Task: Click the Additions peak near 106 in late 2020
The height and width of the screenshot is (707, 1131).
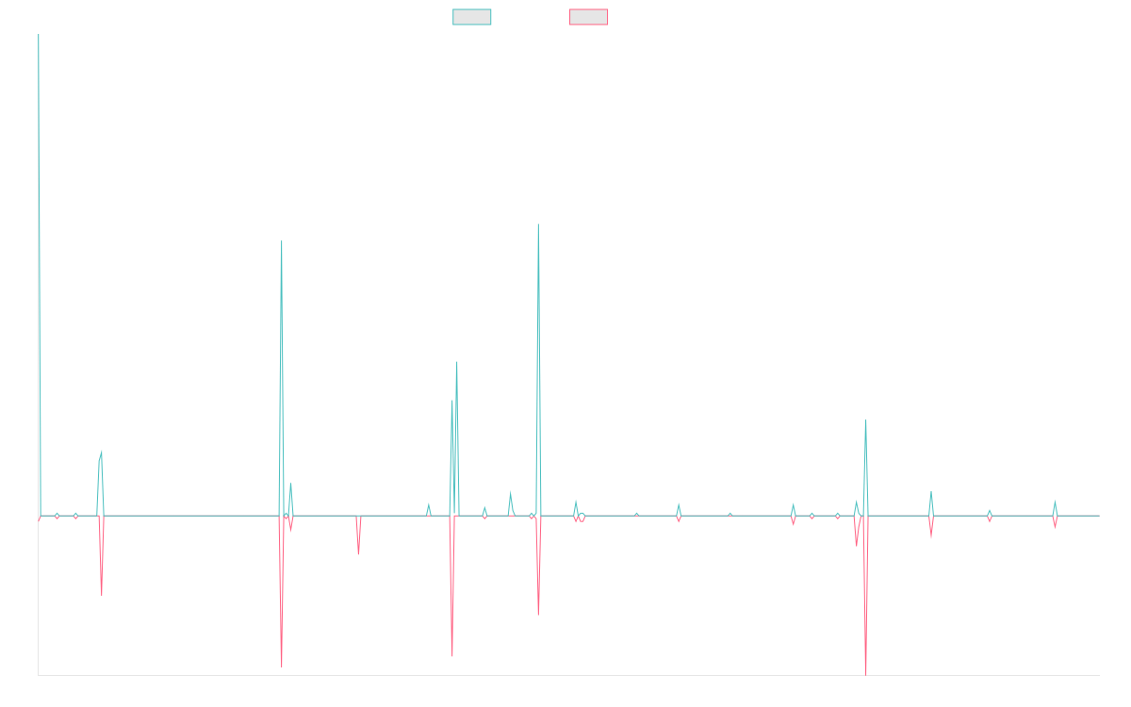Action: tap(538, 224)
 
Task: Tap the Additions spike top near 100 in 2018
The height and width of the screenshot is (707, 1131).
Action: tap(282, 241)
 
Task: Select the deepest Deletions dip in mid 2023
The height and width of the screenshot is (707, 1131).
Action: tap(865, 673)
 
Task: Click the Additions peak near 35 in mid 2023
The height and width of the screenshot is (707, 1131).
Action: tap(865, 420)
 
